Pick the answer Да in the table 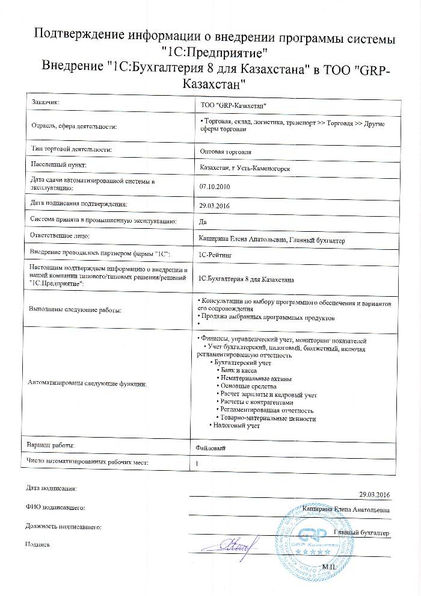coord(202,222)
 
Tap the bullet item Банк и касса coord(243,370)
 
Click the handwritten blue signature coord(235,545)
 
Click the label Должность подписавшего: coord(63,526)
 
